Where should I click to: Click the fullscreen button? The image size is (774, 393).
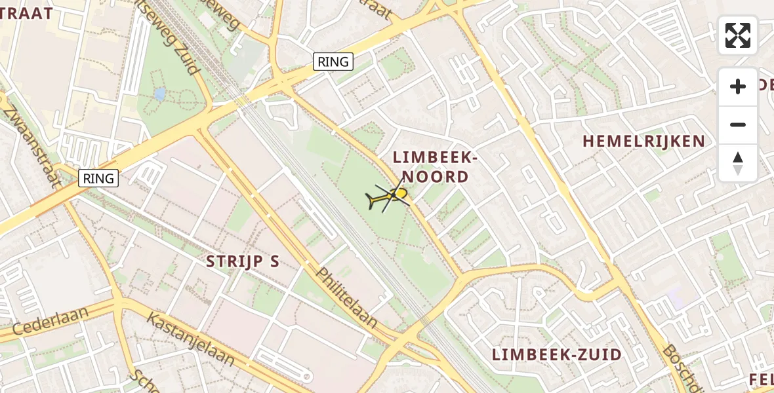(738, 35)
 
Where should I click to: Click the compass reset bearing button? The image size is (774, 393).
(738, 163)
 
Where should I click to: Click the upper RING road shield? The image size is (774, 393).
(333, 62)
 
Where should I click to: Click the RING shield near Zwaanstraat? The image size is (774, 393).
(98, 178)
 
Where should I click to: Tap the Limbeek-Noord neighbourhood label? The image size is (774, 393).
(431, 166)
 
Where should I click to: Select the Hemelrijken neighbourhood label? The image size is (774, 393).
(643, 141)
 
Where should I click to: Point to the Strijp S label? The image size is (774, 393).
(243, 261)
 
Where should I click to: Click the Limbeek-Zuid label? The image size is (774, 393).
(557, 355)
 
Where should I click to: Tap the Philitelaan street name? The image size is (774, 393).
(348, 298)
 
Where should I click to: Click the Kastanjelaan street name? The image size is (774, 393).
(190, 339)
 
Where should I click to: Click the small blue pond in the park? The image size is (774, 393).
(159, 94)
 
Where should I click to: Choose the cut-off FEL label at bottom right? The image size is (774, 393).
(761, 379)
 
